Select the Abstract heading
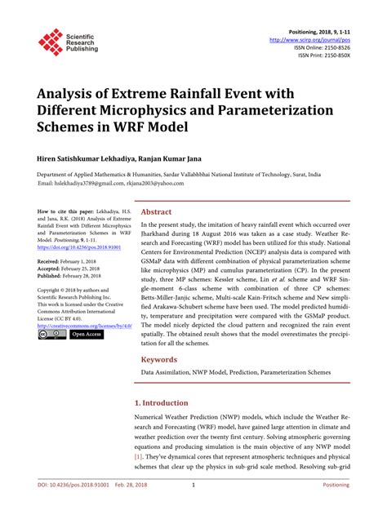pos(157,211)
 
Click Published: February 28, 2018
pos(73,276)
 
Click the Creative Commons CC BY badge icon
pos(51,334)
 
